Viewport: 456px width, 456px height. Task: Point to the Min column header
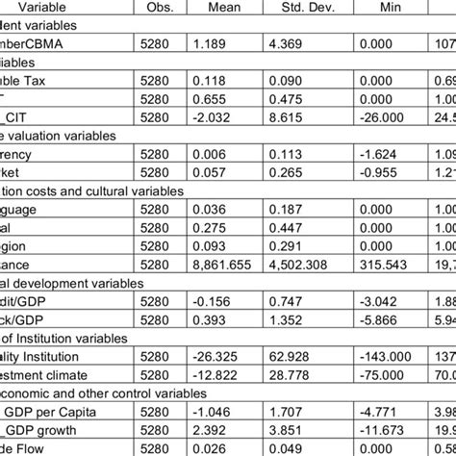point(388,7)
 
